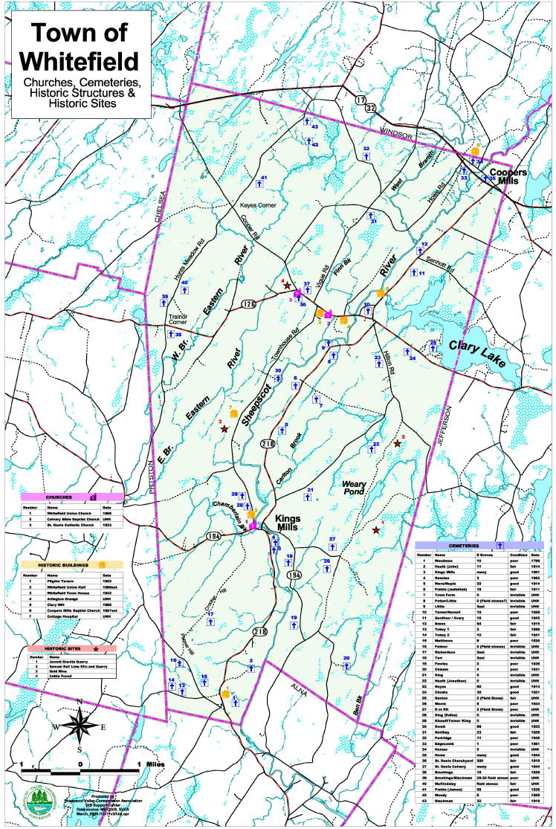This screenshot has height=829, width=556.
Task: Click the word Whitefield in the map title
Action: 79,59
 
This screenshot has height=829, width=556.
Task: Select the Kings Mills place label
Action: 289,523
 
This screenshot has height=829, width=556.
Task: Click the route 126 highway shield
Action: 248,303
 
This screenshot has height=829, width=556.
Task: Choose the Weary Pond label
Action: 355,488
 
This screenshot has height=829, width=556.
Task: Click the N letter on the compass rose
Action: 80,701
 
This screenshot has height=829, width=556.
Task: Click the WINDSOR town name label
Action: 395,131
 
